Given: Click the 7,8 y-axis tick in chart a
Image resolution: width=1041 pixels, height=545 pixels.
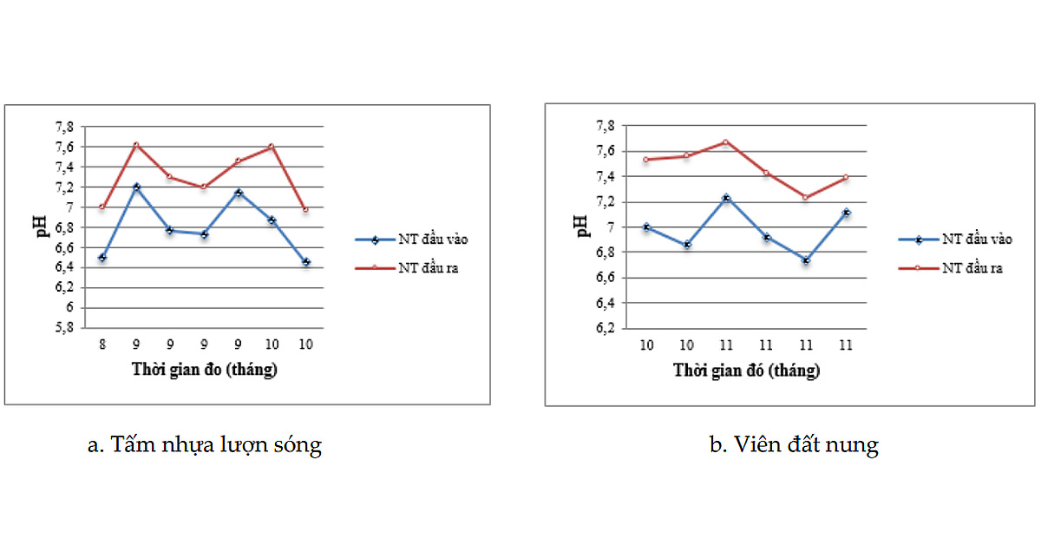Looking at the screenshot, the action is click(x=64, y=127).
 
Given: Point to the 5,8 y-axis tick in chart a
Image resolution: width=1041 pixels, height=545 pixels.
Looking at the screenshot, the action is click(x=64, y=328).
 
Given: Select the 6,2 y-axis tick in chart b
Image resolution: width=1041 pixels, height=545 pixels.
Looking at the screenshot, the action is click(x=606, y=328).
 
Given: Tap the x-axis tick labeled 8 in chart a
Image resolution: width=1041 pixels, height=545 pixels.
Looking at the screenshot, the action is click(x=102, y=345).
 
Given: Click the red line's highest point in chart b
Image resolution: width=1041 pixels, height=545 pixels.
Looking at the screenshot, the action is click(x=725, y=141).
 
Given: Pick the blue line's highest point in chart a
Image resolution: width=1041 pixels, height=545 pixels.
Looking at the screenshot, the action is click(x=137, y=187).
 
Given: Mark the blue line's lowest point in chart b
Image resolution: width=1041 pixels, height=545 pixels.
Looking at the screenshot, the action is click(x=805, y=261).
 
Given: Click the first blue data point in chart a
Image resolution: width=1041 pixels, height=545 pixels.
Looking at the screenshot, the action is click(x=102, y=258).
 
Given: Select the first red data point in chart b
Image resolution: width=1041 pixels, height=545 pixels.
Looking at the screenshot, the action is click(x=645, y=160).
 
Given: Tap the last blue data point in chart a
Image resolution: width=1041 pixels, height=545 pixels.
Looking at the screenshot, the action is click(x=305, y=262).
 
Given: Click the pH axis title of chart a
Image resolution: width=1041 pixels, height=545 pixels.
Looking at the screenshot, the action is click(x=42, y=226).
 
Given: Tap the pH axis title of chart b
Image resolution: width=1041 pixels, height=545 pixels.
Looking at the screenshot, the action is click(x=582, y=226).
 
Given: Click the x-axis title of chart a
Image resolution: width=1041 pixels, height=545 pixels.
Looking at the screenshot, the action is click(x=205, y=370).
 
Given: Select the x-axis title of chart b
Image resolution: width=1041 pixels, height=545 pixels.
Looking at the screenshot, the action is click(x=746, y=371).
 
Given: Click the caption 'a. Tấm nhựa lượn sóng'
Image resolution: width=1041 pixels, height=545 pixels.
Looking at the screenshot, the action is click(x=205, y=444).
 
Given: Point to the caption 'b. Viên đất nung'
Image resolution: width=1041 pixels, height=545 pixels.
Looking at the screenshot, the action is click(x=794, y=444).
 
